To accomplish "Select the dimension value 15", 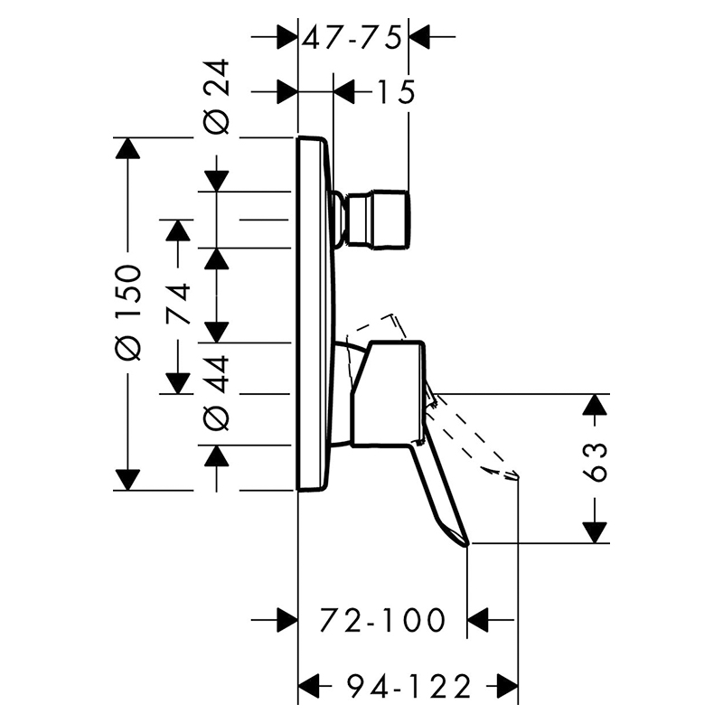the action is [x=396, y=91].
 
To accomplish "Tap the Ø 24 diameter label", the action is [x=216, y=97].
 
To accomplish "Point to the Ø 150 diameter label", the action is [x=127, y=313].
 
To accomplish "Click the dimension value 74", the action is [x=177, y=305].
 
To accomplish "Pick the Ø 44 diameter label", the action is [x=216, y=393].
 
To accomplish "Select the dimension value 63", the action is [x=595, y=462].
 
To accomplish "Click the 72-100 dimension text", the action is [x=382, y=620].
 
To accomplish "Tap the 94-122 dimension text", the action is [x=408, y=686].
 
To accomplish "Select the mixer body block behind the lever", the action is [x=389, y=393].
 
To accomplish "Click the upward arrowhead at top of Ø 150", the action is [x=127, y=148].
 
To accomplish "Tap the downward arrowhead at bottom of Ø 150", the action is [x=127, y=480].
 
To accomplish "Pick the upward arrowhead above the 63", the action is [x=595, y=405].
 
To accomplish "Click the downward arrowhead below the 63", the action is [x=595, y=532].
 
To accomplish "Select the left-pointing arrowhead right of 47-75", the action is [x=419, y=36].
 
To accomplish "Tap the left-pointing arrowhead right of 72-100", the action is [x=478, y=620].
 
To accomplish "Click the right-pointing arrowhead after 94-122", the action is [x=507, y=686].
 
